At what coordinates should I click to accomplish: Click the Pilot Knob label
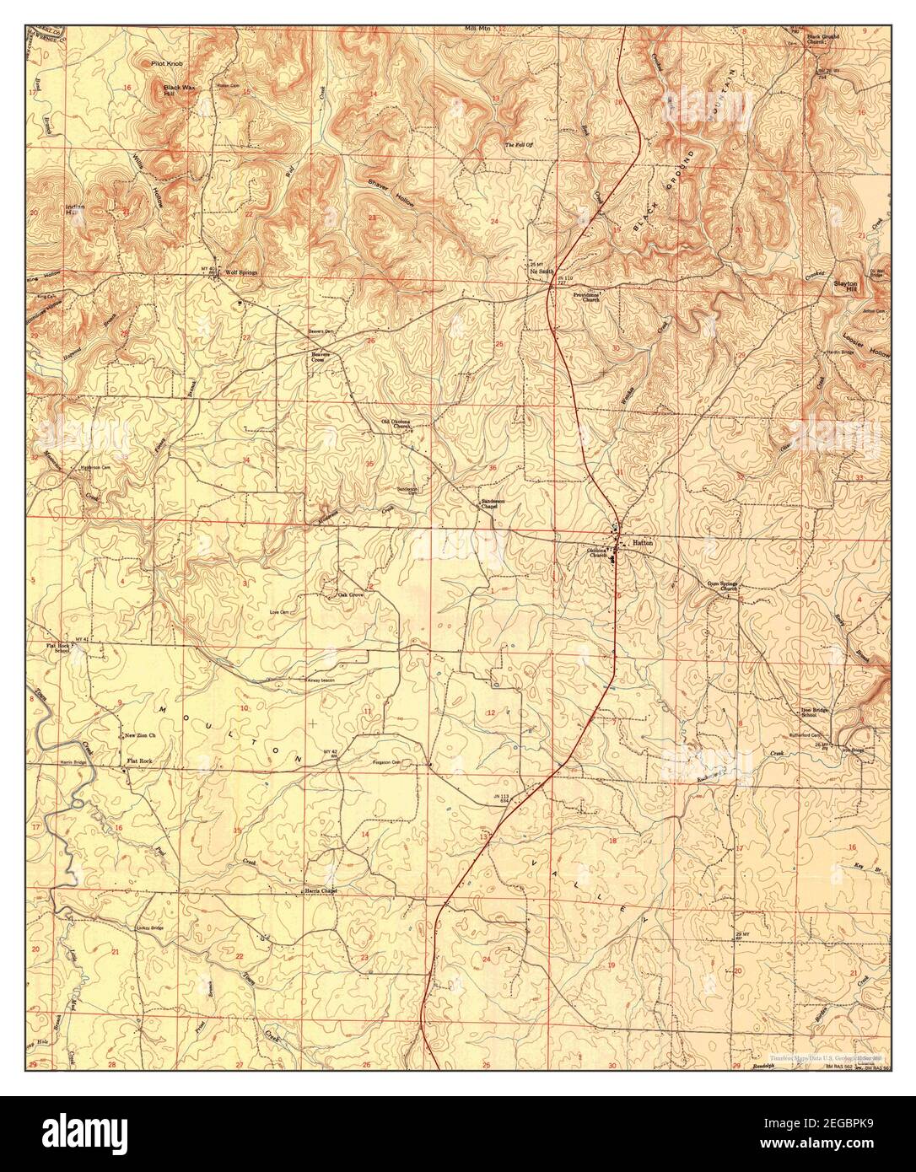point(168,63)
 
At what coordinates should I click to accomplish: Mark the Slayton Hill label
point(845,287)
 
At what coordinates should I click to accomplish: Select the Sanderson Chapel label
point(493,503)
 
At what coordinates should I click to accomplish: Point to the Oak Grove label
point(351,594)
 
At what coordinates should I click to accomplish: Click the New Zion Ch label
point(142,736)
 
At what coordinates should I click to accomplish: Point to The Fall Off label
point(520,146)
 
